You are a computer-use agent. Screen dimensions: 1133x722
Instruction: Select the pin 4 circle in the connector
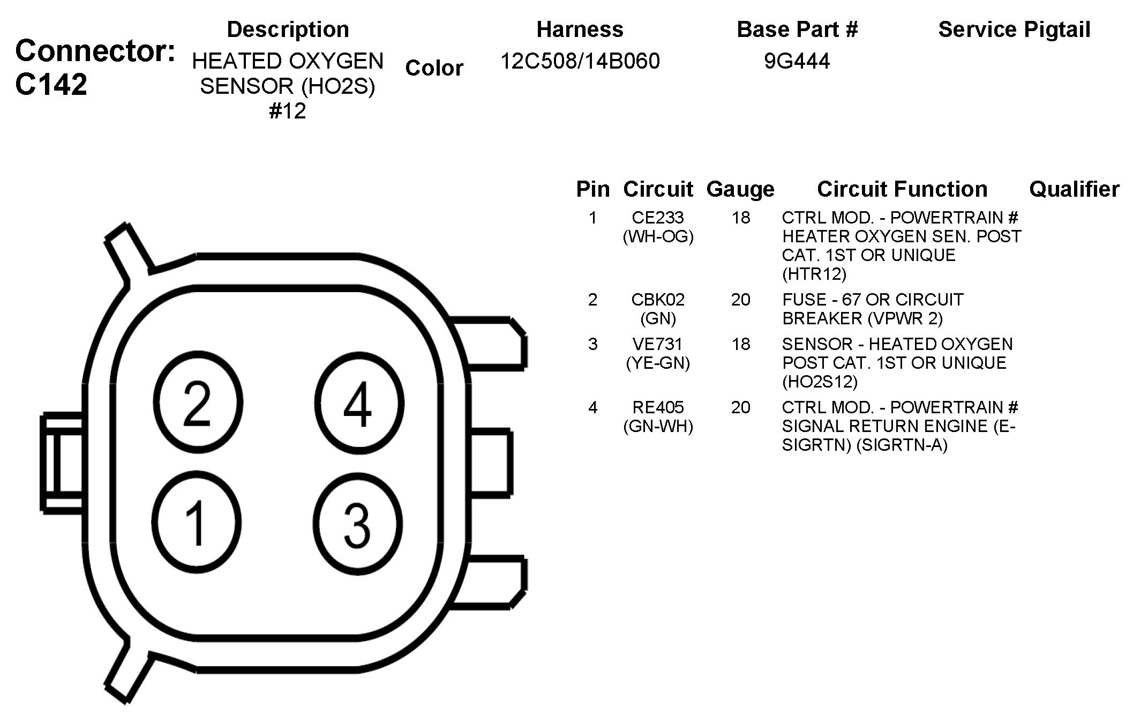[358, 403]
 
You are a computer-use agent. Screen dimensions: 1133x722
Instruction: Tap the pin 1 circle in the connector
[196, 523]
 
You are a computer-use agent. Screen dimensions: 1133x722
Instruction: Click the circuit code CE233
[658, 218]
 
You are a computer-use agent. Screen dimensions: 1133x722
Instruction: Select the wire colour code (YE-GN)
[658, 363]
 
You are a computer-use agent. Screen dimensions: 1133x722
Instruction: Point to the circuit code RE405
[658, 407]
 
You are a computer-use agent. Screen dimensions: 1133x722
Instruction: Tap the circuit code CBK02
[658, 300]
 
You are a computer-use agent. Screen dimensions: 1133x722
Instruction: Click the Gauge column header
[740, 189]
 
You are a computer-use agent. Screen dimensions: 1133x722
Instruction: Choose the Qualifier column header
[1074, 189]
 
